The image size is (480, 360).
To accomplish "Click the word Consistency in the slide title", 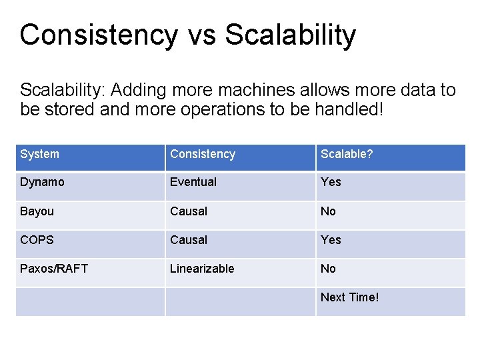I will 99,35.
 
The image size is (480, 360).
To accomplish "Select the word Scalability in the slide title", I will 291,35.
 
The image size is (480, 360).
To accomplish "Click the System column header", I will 39,154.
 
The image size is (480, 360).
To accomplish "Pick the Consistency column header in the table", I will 203,154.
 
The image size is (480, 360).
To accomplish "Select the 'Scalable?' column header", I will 347,154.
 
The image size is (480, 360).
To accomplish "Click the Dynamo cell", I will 43,182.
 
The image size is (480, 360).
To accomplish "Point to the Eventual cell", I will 193,182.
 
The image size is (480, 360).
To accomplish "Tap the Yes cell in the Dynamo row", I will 331,182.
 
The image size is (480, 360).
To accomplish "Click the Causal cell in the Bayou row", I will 189,211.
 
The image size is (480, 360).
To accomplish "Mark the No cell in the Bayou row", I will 328,211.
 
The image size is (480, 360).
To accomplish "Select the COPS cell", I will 37,240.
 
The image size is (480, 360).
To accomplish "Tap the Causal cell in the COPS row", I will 189,240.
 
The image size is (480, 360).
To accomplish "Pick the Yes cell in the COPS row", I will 331,240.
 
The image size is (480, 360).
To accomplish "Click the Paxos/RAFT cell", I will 54,269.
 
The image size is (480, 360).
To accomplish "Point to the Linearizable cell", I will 202,269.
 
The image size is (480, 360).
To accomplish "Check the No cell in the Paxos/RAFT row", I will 328,269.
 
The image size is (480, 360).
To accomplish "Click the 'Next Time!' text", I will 349,297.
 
